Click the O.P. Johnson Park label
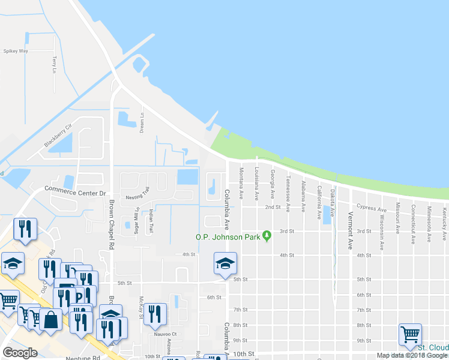tap(228, 237)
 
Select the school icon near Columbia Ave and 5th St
tap(225, 263)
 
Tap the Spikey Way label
tap(16, 51)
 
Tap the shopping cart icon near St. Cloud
tap(410, 334)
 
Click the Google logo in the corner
tap(20, 353)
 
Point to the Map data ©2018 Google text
tap(411, 355)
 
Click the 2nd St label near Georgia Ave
tap(273, 207)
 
